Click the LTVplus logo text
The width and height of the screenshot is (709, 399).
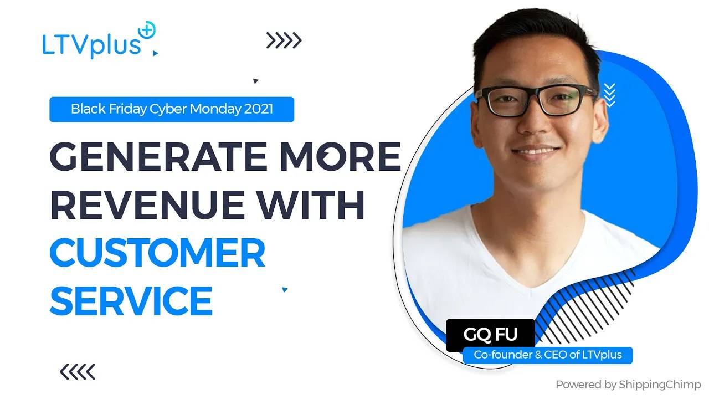pyautogui.click(x=91, y=45)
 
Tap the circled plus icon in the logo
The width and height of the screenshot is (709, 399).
pyautogui.click(x=147, y=30)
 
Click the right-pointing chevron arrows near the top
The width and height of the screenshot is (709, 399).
pyautogui.click(x=284, y=40)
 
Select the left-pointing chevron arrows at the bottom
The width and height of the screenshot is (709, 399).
pyautogui.click(x=78, y=372)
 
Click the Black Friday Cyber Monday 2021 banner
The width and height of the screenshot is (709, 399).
pyautogui.click(x=172, y=109)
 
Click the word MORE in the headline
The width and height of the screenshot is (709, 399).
pyautogui.click(x=341, y=156)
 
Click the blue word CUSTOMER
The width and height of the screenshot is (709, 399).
pyautogui.click(x=157, y=253)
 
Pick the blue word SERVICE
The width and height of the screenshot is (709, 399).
pyautogui.click(x=131, y=300)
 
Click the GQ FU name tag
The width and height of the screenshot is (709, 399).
pyautogui.click(x=490, y=334)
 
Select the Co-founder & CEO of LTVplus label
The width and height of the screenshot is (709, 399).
pyautogui.click(x=548, y=355)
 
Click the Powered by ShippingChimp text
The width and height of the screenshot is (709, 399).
pyautogui.click(x=628, y=385)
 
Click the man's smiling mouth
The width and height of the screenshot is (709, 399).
pyautogui.click(x=536, y=151)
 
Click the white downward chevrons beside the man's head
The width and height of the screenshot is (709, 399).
pyautogui.click(x=610, y=95)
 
